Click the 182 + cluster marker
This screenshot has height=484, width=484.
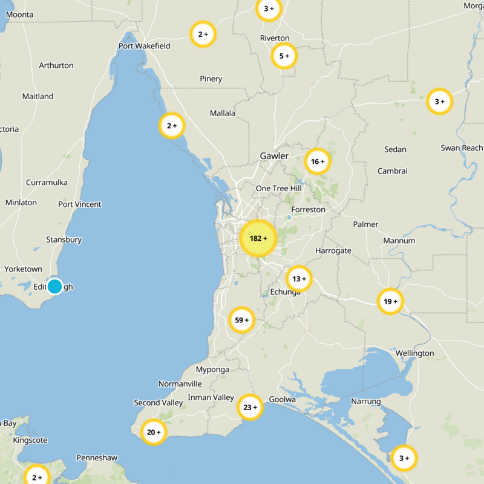coord(258,238)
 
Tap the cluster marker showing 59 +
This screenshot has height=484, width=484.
coord(241,320)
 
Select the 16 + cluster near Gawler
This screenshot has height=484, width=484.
coord(318,162)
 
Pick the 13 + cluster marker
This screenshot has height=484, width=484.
coord(299,279)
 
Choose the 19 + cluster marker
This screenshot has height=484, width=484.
coord(390,301)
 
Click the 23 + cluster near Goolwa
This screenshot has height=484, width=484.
coord(250,407)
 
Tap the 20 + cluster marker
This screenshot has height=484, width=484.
coord(154,432)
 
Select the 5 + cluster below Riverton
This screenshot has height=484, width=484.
coord(284,56)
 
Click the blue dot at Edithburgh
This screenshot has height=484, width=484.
coord(54,286)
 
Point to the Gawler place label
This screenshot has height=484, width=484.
coord(274,156)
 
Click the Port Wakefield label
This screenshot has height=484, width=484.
coord(145,46)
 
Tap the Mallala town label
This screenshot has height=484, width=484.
coord(223,113)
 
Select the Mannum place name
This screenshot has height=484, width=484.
coord(399,241)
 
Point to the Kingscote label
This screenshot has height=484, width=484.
coord(30,440)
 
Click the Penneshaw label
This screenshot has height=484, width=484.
coord(97,458)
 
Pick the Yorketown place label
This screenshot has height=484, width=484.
coord(24,269)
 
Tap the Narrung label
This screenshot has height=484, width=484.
coord(366,402)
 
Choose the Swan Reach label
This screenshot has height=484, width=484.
coord(462,148)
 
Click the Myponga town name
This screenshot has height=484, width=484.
coord(212,370)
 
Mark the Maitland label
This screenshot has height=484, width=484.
coord(38,96)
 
